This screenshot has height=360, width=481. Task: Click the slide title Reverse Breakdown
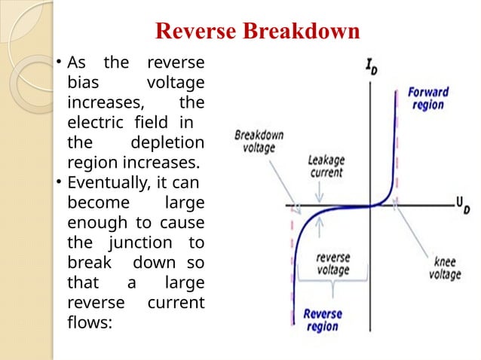(x=257, y=32)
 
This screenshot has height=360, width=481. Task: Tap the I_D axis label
(x=372, y=67)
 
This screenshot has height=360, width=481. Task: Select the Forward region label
(x=427, y=98)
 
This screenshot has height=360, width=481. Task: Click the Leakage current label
(x=326, y=166)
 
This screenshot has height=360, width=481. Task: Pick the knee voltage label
(x=444, y=268)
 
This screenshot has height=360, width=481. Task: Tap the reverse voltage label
(x=332, y=263)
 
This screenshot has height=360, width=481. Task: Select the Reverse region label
(x=322, y=320)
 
